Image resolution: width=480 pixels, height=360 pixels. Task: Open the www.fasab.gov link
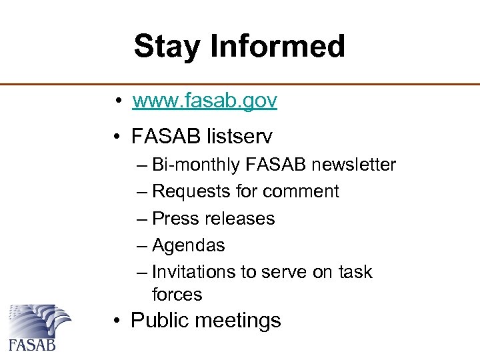point(205,101)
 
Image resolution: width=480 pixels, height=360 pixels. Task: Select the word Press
point(170,219)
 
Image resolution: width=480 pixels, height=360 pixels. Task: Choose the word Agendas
point(189,245)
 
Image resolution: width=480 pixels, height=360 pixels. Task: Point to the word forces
point(177,294)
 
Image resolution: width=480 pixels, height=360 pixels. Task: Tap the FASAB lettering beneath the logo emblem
point(32,345)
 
